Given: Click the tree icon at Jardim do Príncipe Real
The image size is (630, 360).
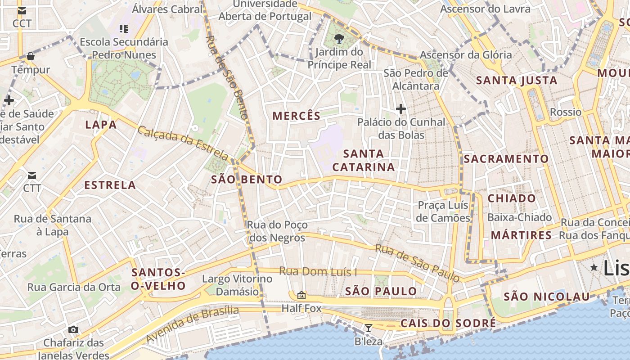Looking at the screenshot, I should coord(339,39).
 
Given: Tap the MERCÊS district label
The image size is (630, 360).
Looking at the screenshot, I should coord(297,116).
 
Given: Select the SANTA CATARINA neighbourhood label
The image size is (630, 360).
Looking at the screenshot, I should coord(364,161).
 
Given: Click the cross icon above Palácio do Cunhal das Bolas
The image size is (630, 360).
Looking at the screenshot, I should coord(400,108).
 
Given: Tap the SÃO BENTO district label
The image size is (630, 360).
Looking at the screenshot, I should coord(247,180).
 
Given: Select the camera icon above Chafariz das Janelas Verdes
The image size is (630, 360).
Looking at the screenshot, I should coord(73,330).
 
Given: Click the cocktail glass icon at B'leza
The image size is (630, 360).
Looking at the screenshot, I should coord(369,328).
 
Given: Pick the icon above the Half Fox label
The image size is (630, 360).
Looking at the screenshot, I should coord(301,296).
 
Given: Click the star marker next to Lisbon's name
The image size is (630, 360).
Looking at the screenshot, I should coord(594,267).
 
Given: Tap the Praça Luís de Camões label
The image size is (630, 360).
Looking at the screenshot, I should coord(444,211).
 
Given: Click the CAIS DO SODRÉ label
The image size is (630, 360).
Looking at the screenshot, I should coord(448,323).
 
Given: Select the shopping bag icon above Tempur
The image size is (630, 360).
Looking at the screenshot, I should coord(31,56).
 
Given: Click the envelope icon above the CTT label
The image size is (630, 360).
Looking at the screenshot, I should coord(32,175).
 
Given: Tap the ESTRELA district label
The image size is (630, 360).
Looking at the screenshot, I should coord(110,185).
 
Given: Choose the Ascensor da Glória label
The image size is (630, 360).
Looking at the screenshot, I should coord(466,55).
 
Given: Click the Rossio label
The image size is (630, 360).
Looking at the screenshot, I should coord(566,112).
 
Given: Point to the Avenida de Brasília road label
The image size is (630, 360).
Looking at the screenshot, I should coord(193,324).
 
